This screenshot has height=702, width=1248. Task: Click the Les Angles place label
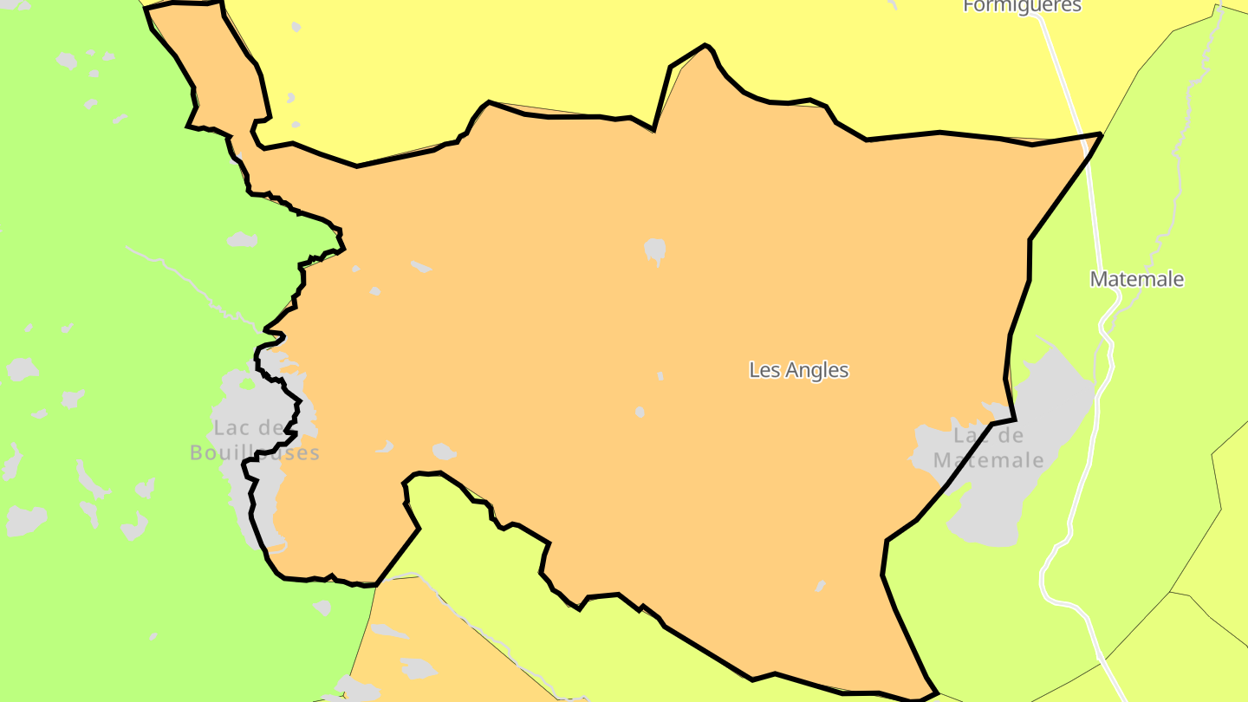click(798, 370)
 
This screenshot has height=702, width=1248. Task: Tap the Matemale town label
click(1137, 279)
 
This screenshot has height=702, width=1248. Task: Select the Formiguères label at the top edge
click(1022, 6)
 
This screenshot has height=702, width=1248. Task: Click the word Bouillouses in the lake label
click(255, 452)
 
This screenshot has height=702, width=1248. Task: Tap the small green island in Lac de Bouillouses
click(249, 384)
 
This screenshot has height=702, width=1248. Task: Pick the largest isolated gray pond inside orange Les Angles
click(655, 250)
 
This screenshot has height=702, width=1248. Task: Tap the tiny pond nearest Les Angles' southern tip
click(820, 586)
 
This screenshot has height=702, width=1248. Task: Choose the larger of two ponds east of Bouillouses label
click(444, 452)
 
